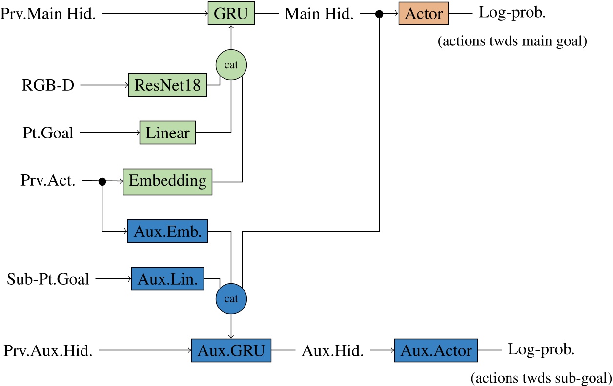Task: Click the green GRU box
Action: click(231, 14)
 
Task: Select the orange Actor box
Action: click(423, 14)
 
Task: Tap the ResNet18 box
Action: click(167, 85)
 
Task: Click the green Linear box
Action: click(167, 133)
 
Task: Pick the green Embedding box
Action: click(167, 181)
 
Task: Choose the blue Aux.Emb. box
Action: click(167, 231)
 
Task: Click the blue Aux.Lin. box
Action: click(167, 279)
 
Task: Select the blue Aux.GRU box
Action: click(231, 350)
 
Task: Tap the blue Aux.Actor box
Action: click(436, 350)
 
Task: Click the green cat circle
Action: click(231, 65)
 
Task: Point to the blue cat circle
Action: click(231, 298)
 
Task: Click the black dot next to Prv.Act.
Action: click(102, 182)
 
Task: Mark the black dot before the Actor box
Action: click(379, 15)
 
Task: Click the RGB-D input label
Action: click(48, 86)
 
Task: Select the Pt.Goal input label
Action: click(47, 133)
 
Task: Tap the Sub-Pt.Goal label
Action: click(48, 279)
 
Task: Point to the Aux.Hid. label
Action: click(333, 350)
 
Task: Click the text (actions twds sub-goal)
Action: click(541, 377)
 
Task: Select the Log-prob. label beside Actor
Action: click(512, 13)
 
